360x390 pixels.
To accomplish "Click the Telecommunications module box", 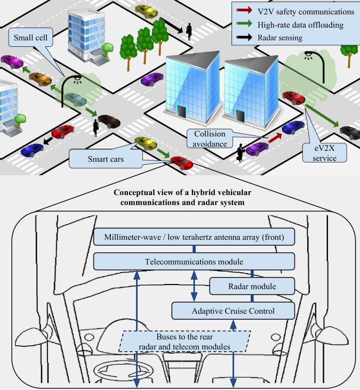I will pyautogui.click(x=194, y=261).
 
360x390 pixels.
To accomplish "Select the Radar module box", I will pyautogui.click(x=252, y=286).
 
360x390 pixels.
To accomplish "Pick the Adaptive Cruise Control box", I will pyautogui.click(x=233, y=310).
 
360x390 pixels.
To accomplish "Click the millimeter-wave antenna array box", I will pyautogui.click(x=194, y=237).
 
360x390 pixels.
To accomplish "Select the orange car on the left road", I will pyautogui.click(x=40, y=79).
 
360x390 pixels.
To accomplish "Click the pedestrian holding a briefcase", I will pyautogui.click(x=241, y=151).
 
